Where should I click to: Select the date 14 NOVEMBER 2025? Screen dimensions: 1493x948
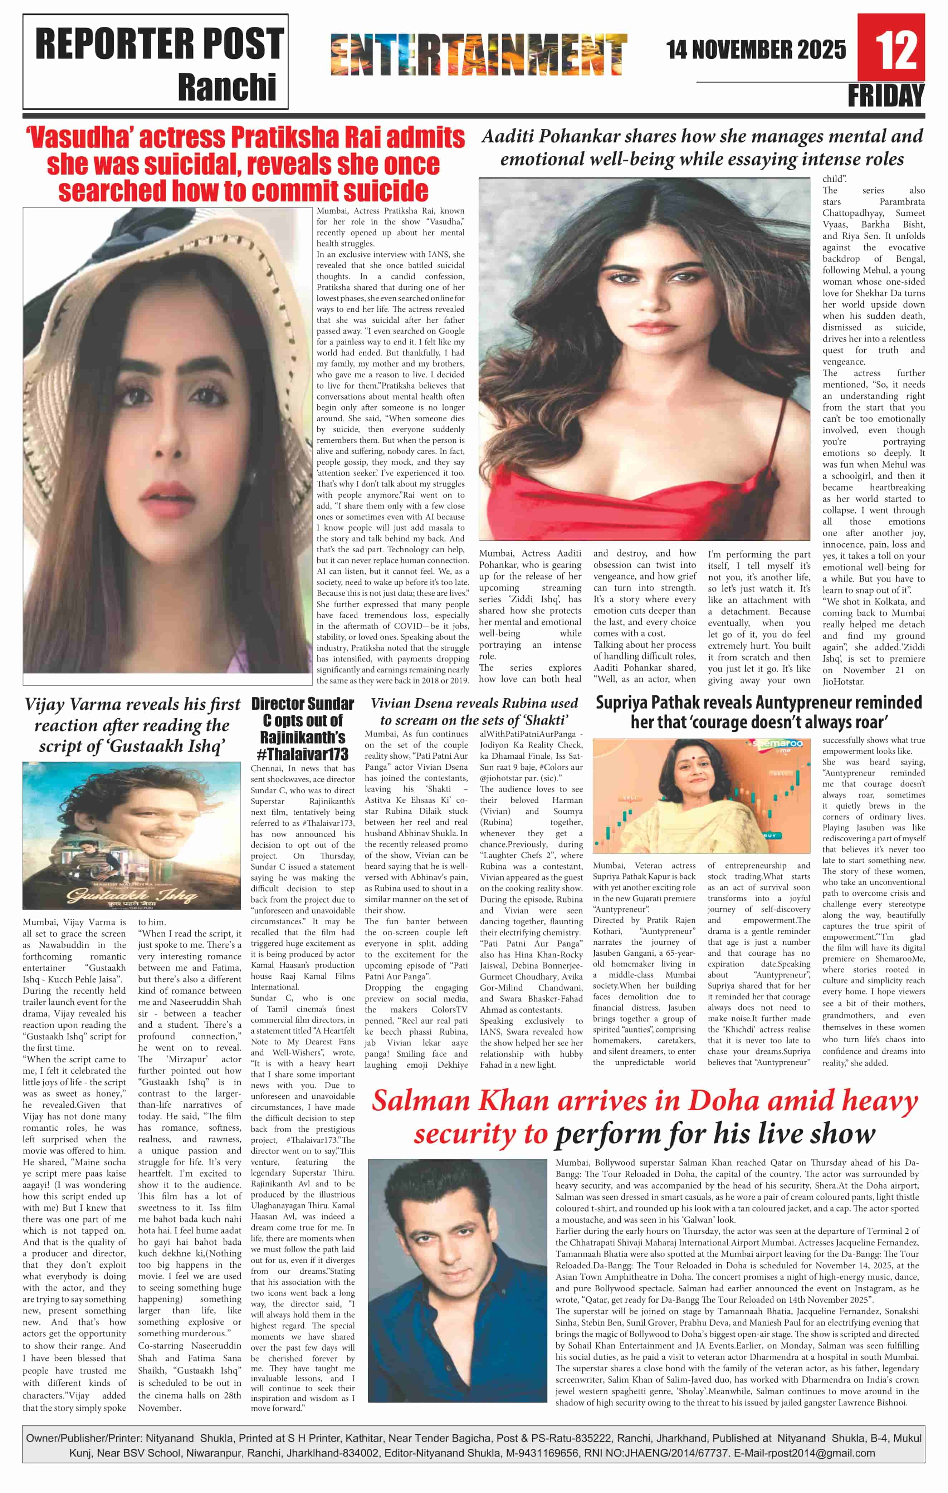tap(756, 50)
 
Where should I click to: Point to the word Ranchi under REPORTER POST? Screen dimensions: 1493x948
tap(226, 87)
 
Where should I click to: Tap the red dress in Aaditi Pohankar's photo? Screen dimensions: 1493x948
tap(645, 496)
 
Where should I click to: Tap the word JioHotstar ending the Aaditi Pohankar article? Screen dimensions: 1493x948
tap(842, 681)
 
